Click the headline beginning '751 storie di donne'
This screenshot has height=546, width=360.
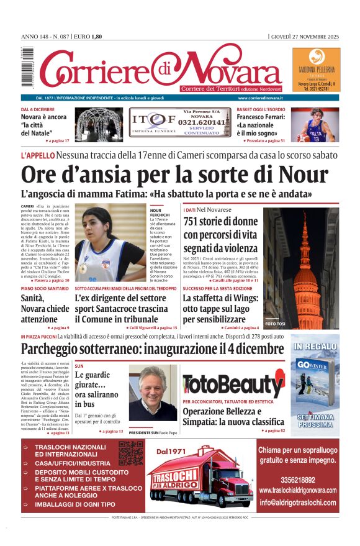point(220,234)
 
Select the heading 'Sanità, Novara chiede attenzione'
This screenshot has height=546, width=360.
point(45,309)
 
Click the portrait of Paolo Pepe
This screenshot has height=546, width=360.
point(152,393)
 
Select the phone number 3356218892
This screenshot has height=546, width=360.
point(297,480)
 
